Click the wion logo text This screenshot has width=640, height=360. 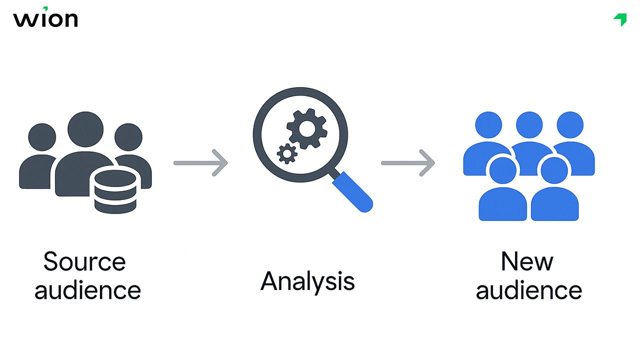click(45, 19)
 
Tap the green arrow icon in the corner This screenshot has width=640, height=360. click(620, 19)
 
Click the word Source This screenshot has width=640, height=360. click(84, 261)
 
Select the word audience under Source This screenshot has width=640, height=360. click(87, 290)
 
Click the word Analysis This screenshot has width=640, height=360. click(307, 281)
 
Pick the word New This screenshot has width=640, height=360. click(527, 261)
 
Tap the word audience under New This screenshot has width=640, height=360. click(529, 290)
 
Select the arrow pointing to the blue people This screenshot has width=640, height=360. click(408, 163)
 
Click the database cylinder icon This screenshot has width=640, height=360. click(115, 191)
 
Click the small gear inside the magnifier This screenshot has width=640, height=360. click(287, 153)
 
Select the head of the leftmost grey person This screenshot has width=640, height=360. click(42, 136)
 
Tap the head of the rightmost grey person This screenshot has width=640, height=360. click(128, 136)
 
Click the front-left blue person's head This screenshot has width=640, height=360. click(502, 169)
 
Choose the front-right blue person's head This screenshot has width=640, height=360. click(554, 169)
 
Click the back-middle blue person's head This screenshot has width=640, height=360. click(529, 125)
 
